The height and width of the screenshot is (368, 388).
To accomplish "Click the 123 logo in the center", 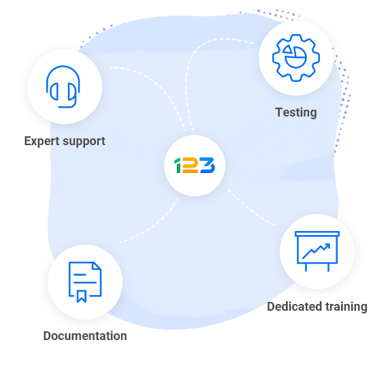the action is (195, 165).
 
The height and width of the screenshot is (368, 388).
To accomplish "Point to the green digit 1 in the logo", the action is (178, 165).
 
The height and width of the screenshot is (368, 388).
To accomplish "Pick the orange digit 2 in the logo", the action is (191, 166).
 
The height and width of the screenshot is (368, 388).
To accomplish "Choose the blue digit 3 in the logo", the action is (208, 165).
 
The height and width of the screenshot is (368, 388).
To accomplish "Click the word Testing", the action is (296, 112).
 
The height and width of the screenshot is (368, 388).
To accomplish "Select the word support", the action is (84, 142).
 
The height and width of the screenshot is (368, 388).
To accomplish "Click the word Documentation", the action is (85, 336).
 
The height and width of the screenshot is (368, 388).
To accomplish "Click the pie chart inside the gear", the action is (296, 57).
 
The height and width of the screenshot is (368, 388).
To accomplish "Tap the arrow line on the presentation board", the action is (317, 251).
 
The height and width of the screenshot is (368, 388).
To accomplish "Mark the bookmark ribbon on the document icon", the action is (82, 296).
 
